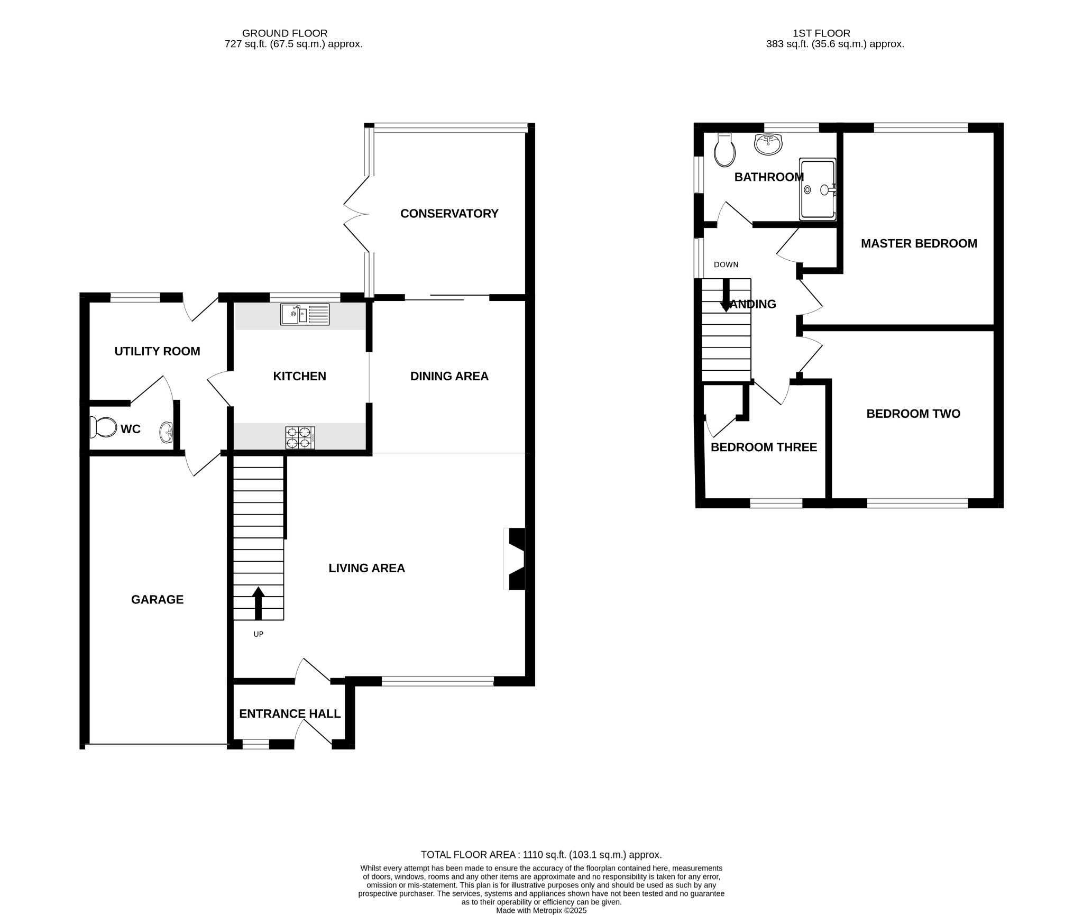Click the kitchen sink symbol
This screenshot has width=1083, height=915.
[305, 315]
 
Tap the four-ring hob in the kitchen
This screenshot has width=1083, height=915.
[300, 438]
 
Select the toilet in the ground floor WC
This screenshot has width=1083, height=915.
[103, 427]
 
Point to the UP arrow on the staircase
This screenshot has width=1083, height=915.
[258, 602]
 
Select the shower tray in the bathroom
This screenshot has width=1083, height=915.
[818, 189]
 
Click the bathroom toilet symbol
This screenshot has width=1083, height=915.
[724, 150]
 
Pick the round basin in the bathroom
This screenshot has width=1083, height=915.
[768, 144]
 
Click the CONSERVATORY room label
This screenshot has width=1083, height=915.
[449, 214]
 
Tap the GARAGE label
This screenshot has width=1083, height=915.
[157, 599]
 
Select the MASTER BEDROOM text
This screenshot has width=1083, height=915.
[919, 243]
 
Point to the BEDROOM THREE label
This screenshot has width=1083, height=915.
[764, 447]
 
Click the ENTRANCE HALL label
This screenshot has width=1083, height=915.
[290, 713]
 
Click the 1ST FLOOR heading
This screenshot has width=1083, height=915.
[821, 33]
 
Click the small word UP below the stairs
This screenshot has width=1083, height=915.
[258, 634]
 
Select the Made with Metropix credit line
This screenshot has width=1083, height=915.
[541, 910]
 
